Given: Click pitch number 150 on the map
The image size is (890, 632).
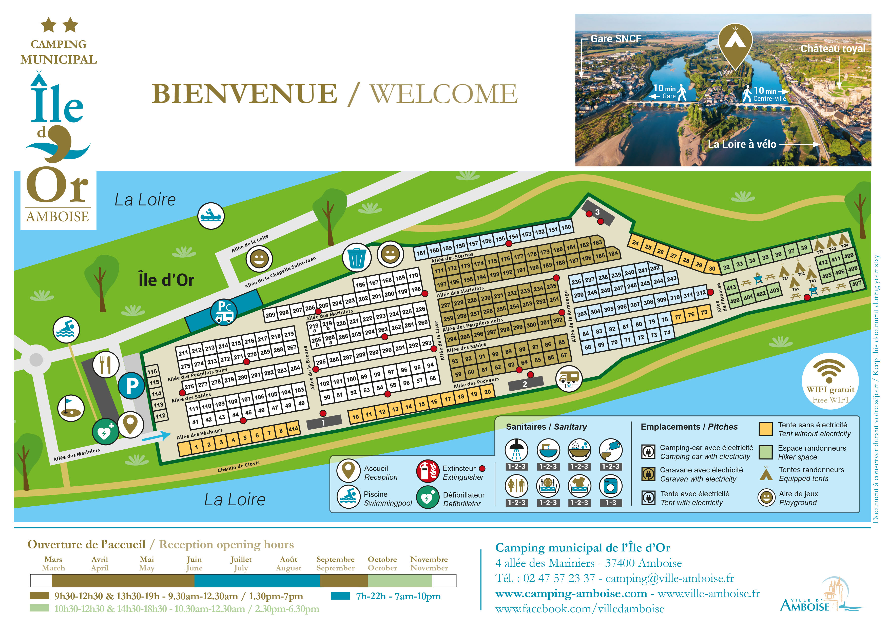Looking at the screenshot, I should (x=566, y=227).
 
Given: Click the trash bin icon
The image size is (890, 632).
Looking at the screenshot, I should (x=356, y=257).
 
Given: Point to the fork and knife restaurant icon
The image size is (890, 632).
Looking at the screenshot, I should (x=105, y=365).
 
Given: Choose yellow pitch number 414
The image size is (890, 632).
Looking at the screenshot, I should (x=293, y=429).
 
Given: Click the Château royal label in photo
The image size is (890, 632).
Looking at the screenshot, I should (x=833, y=49).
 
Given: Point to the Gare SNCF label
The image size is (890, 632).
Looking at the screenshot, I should (x=616, y=39).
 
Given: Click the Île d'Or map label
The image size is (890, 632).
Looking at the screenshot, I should (x=166, y=280).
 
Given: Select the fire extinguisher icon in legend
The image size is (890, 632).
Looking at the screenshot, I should (x=427, y=471).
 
